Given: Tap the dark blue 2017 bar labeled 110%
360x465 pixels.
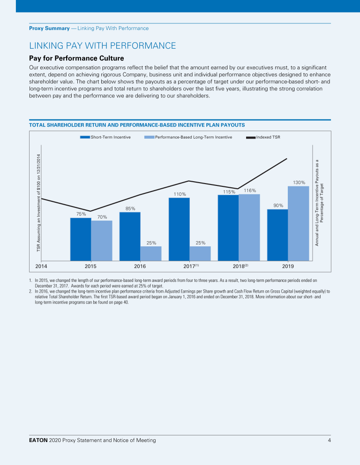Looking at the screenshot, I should pos(179,229).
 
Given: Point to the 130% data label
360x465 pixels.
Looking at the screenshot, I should pos(299,182).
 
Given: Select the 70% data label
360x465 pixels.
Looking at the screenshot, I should pos(102,217).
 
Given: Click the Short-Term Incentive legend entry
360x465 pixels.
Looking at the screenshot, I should pos(105,137).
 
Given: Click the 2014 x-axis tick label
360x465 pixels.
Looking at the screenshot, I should pos(42,266).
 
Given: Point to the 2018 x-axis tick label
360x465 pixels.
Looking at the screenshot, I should pos(240,266).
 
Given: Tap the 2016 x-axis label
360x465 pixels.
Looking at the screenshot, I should pos(140,266).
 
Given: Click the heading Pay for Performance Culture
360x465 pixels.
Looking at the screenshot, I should pos(76,59).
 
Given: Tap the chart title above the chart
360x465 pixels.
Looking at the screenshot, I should pos(136,125).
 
